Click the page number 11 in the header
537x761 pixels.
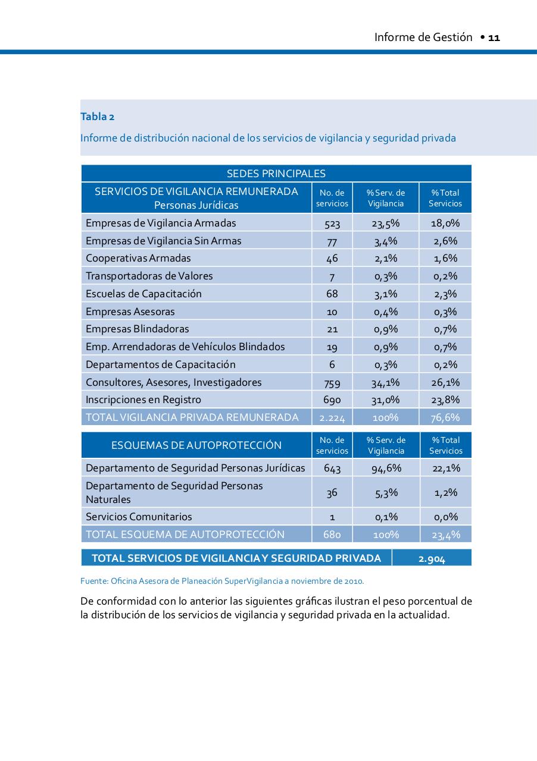coord(494,37)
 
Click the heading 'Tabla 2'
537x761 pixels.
coord(98,117)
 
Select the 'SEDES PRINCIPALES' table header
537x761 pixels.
coord(276,174)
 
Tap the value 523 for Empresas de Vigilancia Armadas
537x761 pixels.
coord(332,224)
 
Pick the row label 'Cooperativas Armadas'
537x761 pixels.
coord(138,258)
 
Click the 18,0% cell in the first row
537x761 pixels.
coord(445,224)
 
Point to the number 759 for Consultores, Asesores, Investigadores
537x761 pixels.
coord(332,382)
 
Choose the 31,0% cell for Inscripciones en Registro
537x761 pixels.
coord(386,400)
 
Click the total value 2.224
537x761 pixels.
coord(332,417)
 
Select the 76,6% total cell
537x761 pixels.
coord(445,417)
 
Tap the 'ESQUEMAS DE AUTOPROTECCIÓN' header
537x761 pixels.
coord(196,445)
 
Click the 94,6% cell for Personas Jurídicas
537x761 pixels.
coord(386,468)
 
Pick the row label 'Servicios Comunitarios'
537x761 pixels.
coord(139,517)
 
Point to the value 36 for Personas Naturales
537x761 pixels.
coord(332,492)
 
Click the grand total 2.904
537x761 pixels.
coord(432,559)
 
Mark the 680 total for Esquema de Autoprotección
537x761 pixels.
coord(332,534)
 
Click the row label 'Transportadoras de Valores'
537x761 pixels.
coord(149,276)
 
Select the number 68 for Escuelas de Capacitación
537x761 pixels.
coord(332,294)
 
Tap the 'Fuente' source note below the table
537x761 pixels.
coord(222,581)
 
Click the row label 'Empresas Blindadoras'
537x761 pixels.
coord(137,329)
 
